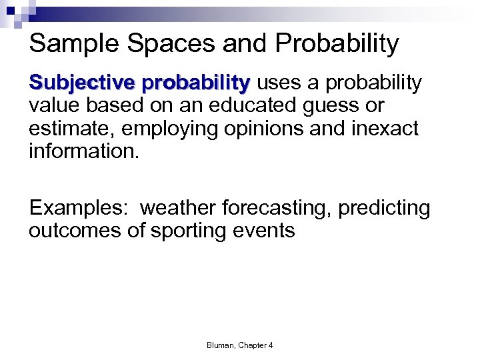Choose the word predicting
coord(384,209)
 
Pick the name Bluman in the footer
coord(221,345)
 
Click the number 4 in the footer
coord(271,345)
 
